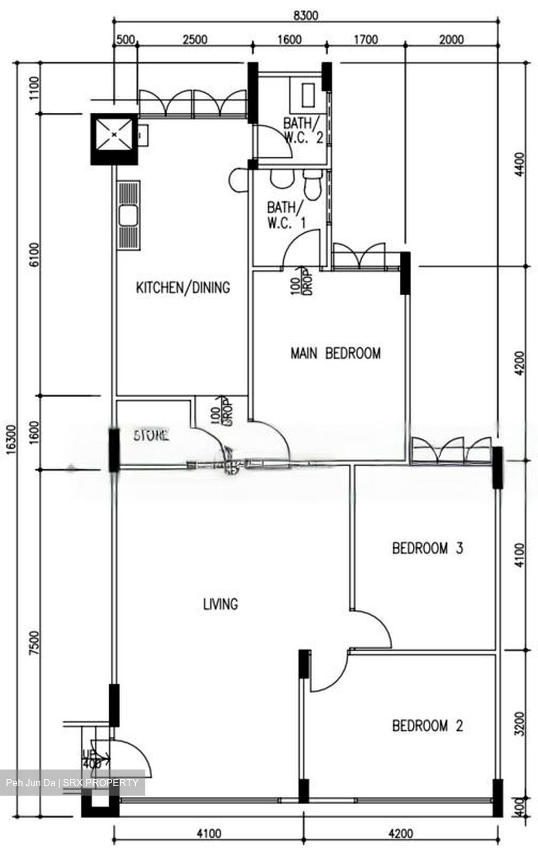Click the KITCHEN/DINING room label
(183, 288)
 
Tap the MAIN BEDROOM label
(335, 353)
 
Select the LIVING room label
(220, 604)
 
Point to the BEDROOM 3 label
(427, 548)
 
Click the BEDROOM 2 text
(427, 726)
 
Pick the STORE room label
(151, 435)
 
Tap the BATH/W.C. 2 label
(303, 131)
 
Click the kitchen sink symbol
(128, 215)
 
